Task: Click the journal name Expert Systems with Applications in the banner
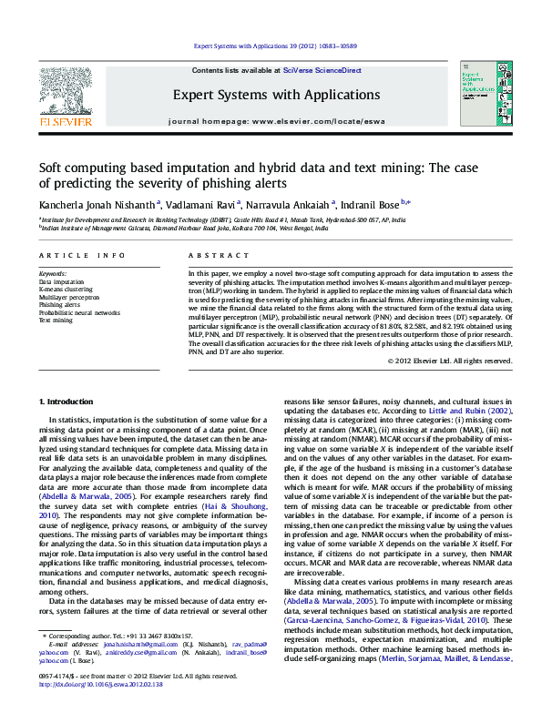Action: pos(271,94)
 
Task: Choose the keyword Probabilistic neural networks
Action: pos(79,312)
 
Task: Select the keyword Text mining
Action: pos(56,321)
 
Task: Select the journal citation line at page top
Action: pos(271,45)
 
